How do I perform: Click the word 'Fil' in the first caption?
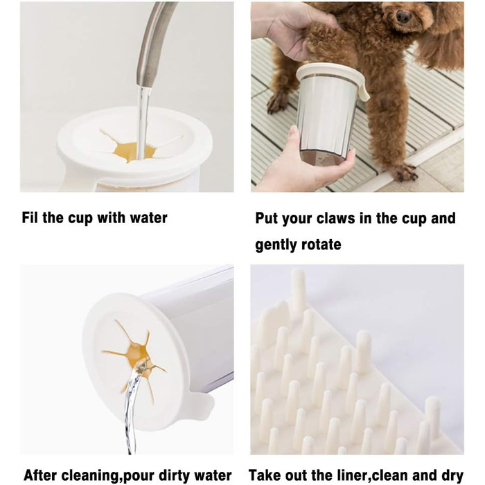tap(30, 218)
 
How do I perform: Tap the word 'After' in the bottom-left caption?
tap(40, 475)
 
